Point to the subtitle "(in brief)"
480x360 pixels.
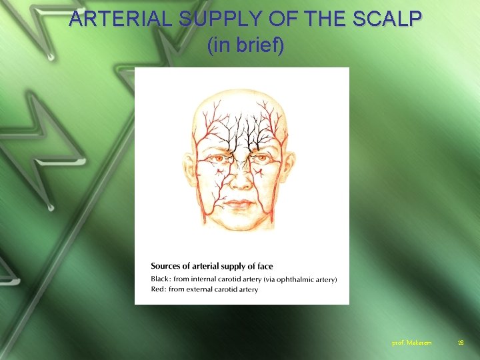coord(245,45)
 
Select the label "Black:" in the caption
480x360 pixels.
coord(161,279)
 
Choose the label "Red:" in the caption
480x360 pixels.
coord(158,289)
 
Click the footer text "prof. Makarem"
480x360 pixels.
coord(412,343)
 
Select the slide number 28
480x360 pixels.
coord(460,343)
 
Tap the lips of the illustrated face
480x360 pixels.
coord(241,201)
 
